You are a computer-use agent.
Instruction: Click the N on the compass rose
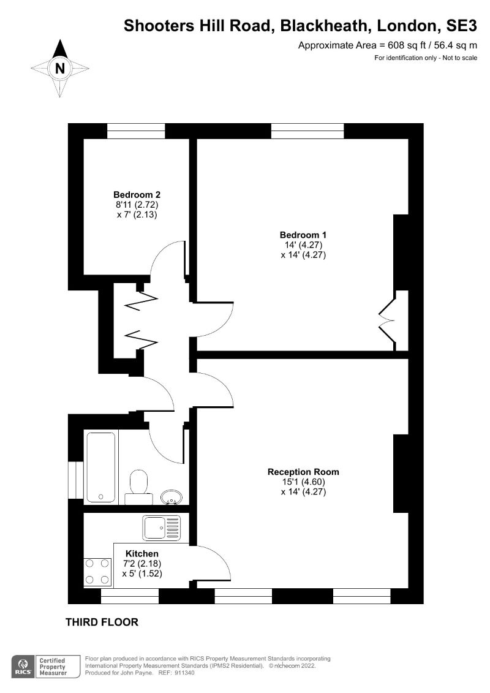[x=60, y=68]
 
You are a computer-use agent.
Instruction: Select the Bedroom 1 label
[x=303, y=235]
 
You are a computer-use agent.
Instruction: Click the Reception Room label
[x=303, y=472]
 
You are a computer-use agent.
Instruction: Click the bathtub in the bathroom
[x=101, y=467]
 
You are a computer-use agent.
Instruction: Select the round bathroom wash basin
[x=171, y=496]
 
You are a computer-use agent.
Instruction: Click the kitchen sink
[x=162, y=528]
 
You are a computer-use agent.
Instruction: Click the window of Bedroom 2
[x=136, y=131]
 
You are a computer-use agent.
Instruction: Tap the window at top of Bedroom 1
[x=307, y=131]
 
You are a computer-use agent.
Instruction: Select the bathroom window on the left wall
[x=75, y=479]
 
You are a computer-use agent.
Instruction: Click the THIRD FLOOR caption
[x=102, y=623]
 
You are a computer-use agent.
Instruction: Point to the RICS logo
[x=23, y=666]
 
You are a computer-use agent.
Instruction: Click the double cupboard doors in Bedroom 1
[x=388, y=320]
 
